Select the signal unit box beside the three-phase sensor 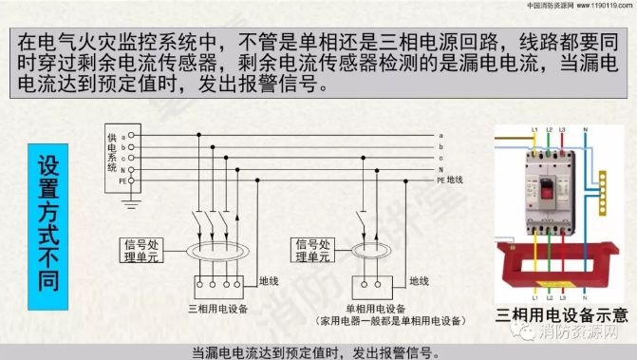[x=142, y=249]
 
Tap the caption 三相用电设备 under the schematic [x=218, y=310]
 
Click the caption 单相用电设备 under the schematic [x=373, y=310]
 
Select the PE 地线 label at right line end [x=449, y=179]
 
